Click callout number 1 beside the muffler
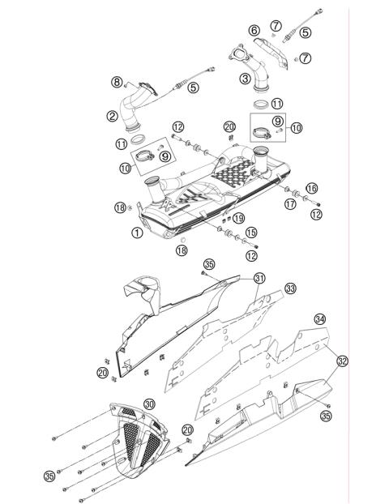click(x=137, y=232)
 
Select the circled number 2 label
click(x=113, y=116)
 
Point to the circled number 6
click(x=254, y=30)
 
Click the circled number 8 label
click(x=117, y=81)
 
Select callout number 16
click(x=311, y=188)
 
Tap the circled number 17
click(x=290, y=204)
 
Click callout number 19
click(x=238, y=219)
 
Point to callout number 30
click(x=149, y=404)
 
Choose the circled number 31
click(x=259, y=278)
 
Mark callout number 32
click(x=342, y=361)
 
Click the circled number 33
click(x=290, y=288)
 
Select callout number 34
click(x=319, y=319)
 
